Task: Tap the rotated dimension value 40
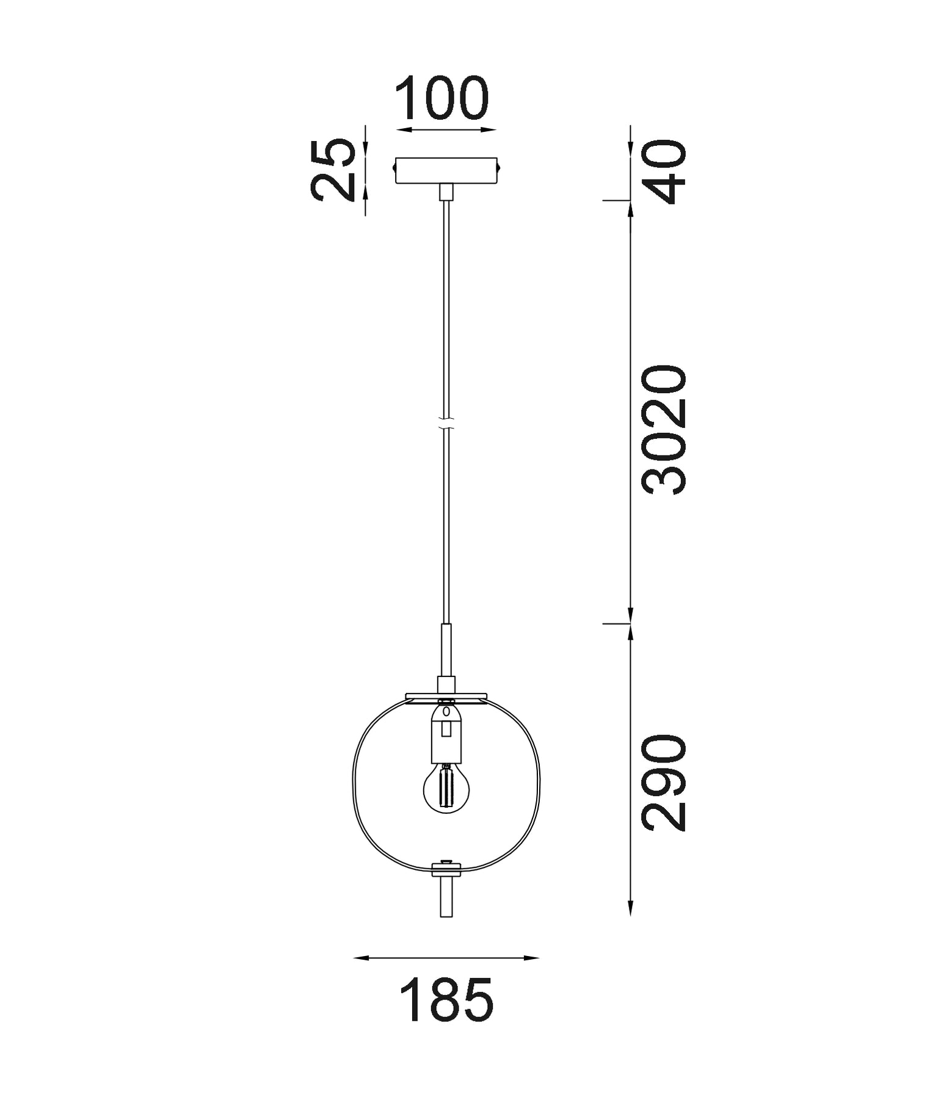[x=666, y=172]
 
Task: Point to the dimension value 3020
[x=665, y=430]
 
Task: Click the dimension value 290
[x=665, y=783]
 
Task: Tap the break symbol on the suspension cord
[x=447, y=422]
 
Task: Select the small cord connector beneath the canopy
[x=447, y=193]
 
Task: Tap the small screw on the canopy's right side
[x=501, y=165]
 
